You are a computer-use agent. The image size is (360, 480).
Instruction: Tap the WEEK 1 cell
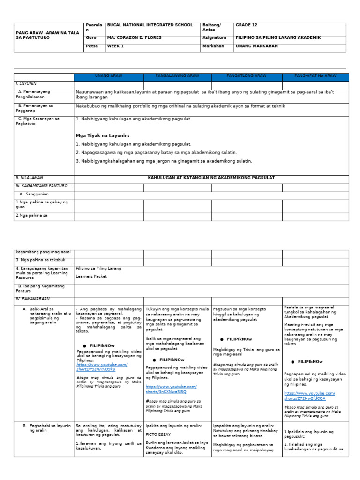tap(115, 46)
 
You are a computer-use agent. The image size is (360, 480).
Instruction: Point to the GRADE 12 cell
tap(246, 25)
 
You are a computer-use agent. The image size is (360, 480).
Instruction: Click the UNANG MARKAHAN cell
tap(256, 46)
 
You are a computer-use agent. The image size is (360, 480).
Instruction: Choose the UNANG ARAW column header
tap(108, 76)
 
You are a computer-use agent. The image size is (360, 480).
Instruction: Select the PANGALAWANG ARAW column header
tap(177, 76)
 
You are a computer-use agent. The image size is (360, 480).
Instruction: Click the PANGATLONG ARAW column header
tap(247, 76)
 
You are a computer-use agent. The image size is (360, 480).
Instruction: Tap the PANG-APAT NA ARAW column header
tap(315, 76)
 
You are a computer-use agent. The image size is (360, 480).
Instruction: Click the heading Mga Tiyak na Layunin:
tap(102, 135)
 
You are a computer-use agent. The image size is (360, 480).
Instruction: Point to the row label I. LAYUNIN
tap(26, 83)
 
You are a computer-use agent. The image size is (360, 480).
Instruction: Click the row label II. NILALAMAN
tap(30, 178)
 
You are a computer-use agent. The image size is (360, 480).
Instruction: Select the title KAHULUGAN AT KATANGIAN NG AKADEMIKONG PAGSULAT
tap(211, 178)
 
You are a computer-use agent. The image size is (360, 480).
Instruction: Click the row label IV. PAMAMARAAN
tap(32, 299)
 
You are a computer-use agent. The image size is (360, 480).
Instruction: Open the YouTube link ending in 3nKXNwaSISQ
tap(171, 389)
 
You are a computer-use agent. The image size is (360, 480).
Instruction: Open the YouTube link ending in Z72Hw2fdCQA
tap(309, 396)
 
